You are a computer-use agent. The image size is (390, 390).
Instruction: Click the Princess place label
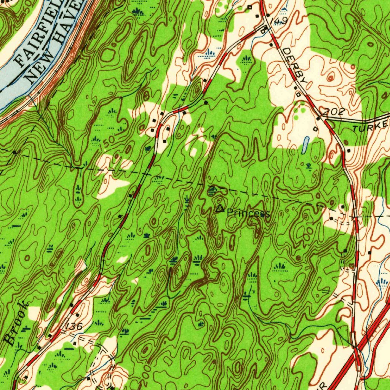pyautogui.click(x=248, y=214)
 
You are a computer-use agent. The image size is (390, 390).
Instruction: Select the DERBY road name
pyautogui.click(x=295, y=66)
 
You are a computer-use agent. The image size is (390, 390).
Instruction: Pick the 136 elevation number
pyautogui.click(x=73, y=327)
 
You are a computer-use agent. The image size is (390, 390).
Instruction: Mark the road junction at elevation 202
pyautogui.click(x=325, y=120)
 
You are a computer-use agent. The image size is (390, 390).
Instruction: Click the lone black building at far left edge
pyautogui.click(x=15, y=152)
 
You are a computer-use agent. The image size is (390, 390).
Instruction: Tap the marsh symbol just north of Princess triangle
pyautogui.click(x=213, y=190)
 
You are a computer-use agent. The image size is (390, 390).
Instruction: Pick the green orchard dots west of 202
pyautogui.click(x=299, y=113)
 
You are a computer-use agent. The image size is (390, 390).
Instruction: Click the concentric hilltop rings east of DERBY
pyautogui.click(x=331, y=78)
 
